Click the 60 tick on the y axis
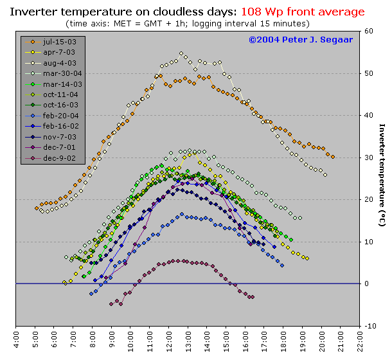(368, 31)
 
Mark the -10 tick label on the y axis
(370, 326)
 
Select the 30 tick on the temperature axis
(368, 157)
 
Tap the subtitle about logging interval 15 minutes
(188, 23)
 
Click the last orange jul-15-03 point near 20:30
(332, 156)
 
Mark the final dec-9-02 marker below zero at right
(253, 297)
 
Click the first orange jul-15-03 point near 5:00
(37, 208)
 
